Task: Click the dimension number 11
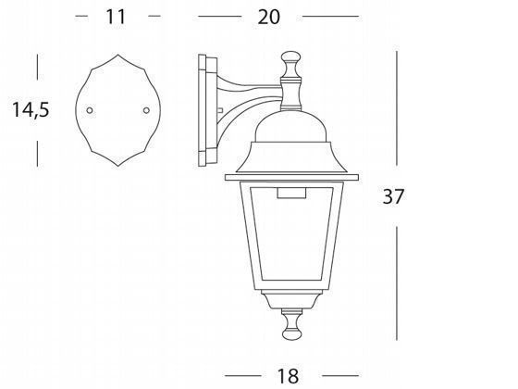point(116,17)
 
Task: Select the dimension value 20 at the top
point(268,17)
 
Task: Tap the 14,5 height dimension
point(31,110)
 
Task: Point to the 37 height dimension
point(393,196)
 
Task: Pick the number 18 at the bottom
point(288,376)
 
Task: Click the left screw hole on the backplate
point(90,110)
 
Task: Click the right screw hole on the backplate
point(146,110)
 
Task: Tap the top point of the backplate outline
point(118,55)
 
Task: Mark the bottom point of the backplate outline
point(118,166)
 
